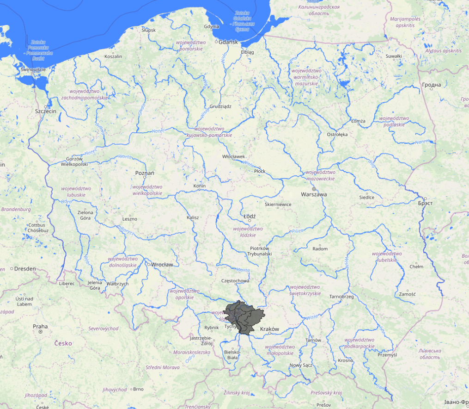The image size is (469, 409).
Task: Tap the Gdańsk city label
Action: [228, 42]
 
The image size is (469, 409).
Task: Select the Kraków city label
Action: [270, 329]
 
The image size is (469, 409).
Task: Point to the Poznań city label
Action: [145, 173]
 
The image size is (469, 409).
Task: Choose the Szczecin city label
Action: [45, 112]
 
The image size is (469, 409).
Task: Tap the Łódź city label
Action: [250, 216]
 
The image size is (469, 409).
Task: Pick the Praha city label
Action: [40, 326]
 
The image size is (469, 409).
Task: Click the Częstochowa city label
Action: [235, 281]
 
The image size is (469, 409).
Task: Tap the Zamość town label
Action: [408, 294]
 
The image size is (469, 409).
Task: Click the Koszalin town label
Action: [113, 56]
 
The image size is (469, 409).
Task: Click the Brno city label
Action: [139, 389]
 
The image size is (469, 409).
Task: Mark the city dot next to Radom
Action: [319, 245]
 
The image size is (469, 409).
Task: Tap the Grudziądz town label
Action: [220, 106]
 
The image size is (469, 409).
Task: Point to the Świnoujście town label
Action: [30, 69]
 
